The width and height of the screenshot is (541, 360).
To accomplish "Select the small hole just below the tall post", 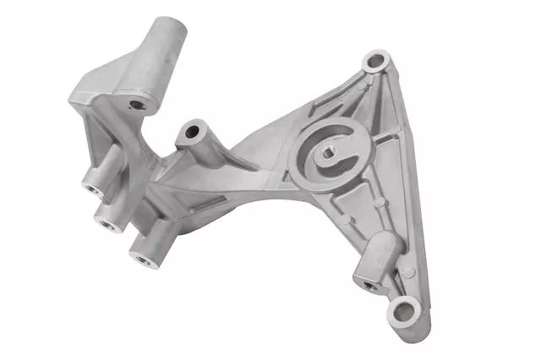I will click(x=137, y=106).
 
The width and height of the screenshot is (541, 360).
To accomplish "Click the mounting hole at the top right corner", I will click(x=374, y=62).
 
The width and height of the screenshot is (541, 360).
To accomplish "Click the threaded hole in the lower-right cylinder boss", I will click(x=369, y=285).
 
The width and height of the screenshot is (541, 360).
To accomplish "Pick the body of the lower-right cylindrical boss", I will click(x=382, y=258).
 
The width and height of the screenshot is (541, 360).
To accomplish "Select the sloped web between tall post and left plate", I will click(x=110, y=76).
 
